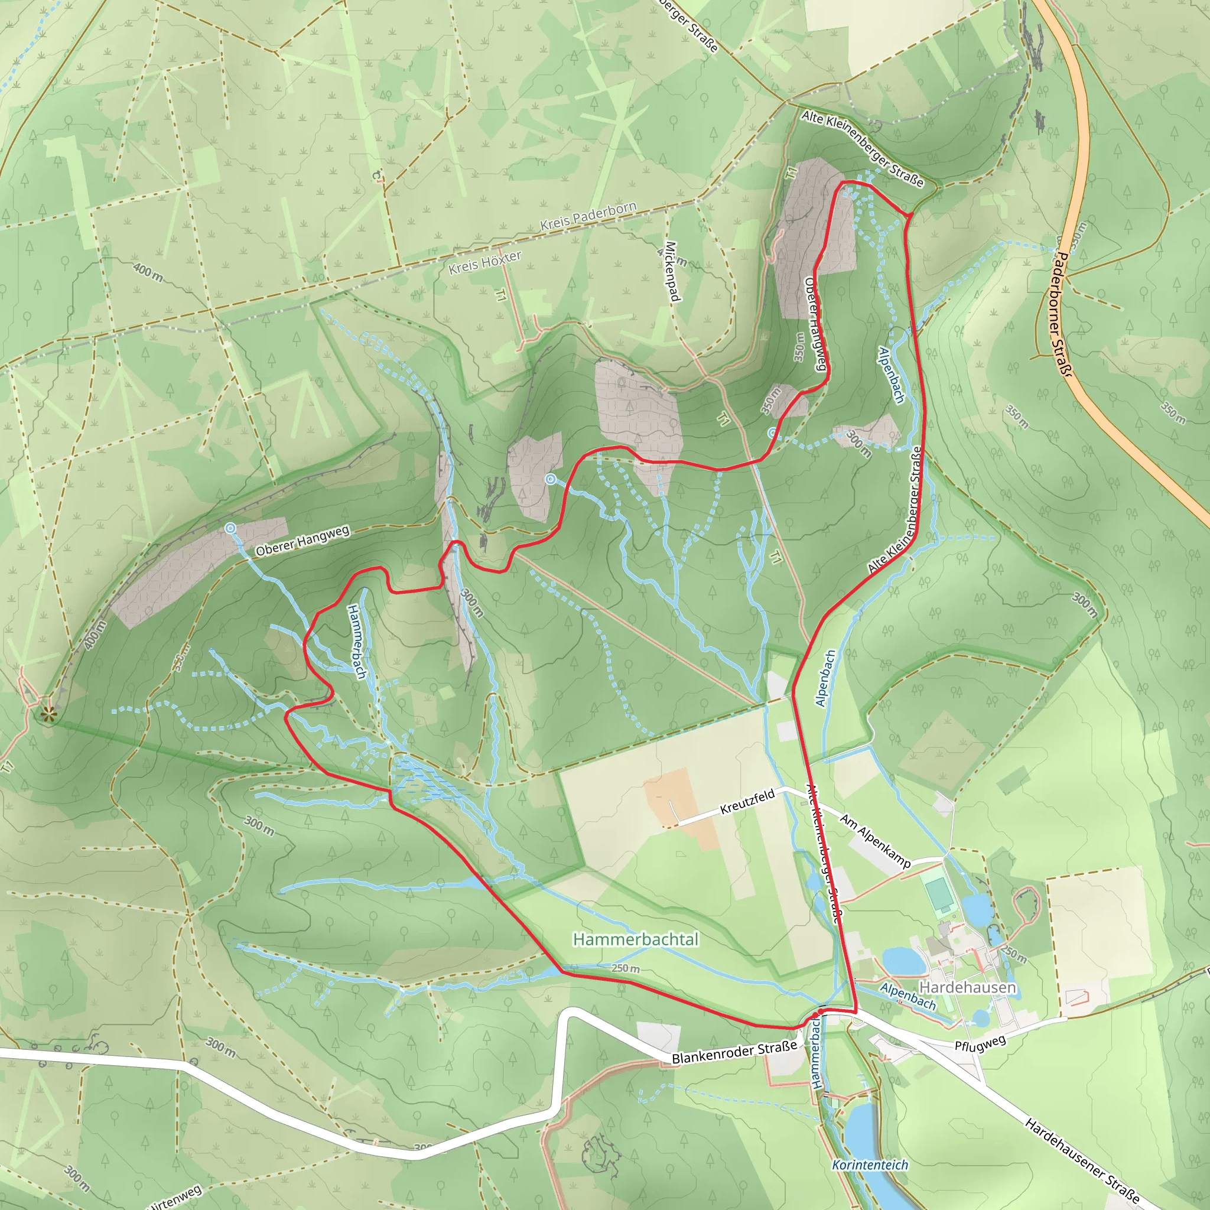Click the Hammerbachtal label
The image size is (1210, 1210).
(x=635, y=939)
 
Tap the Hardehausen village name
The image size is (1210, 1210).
(x=967, y=988)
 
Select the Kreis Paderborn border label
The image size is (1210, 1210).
(x=588, y=216)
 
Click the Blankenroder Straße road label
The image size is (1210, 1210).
(x=734, y=1053)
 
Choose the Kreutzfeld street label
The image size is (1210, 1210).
(x=747, y=802)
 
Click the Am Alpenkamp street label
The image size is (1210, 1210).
(x=875, y=841)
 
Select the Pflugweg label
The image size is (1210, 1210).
(x=980, y=1043)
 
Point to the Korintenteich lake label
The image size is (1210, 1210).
(x=870, y=1165)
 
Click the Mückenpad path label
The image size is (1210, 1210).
(x=671, y=271)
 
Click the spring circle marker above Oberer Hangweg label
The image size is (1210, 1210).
(x=230, y=529)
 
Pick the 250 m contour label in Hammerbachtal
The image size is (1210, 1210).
(x=626, y=969)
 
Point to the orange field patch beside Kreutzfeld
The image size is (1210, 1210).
(x=679, y=808)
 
